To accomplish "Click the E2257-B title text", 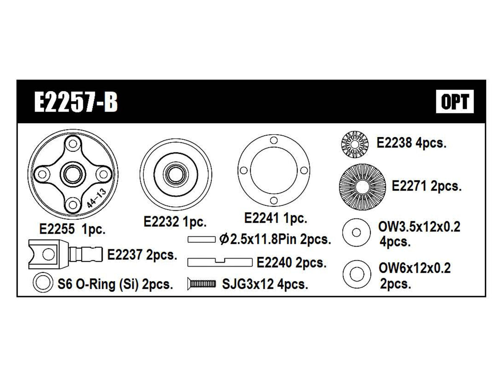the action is [76, 102].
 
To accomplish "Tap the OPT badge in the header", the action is [455, 102].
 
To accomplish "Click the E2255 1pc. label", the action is [72, 229].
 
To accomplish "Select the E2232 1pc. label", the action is [175, 221].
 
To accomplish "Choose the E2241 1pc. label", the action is [276, 218].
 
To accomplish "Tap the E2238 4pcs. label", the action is [412, 143].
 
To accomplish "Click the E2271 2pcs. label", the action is [427, 186].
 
